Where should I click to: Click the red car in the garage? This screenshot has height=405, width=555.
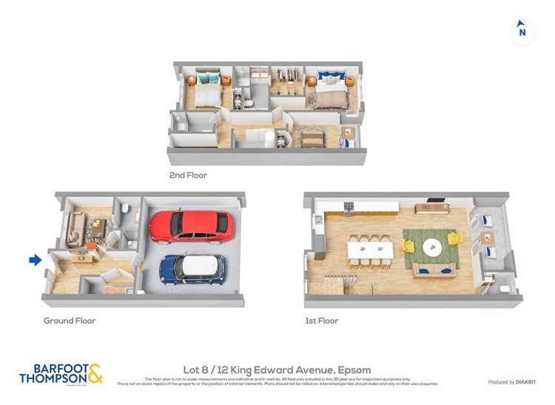click(192, 226)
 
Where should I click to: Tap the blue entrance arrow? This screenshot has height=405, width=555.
click(35, 260)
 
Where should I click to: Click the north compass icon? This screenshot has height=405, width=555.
click(522, 31)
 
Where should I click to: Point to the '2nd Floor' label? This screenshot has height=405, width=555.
click(188, 175)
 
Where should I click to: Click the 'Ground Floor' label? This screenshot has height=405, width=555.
click(70, 321)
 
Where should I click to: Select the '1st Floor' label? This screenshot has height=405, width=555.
click(321, 321)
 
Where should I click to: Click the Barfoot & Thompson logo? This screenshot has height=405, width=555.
click(61, 374)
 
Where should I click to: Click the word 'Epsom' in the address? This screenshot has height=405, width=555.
click(354, 370)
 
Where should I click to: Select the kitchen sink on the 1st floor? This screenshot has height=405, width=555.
click(318, 219)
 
